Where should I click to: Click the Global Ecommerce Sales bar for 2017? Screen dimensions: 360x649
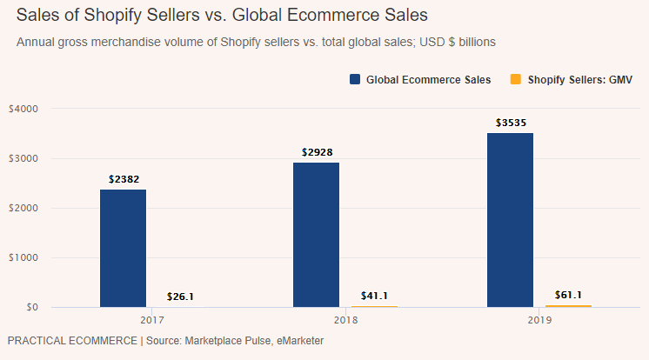tap(124, 248)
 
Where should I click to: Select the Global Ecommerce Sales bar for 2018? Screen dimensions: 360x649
tap(316, 235)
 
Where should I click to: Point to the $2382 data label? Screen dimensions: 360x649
tap(124, 179)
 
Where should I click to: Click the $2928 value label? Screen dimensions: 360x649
tap(317, 152)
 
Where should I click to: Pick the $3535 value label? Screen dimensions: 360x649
tap(511, 123)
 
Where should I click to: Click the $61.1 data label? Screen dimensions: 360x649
tap(568, 295)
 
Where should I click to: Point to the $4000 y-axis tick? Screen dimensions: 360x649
tap(23, 109)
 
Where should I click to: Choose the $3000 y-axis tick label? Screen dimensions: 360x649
tap(23, 158)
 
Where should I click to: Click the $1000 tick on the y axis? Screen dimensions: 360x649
tap(23, 258)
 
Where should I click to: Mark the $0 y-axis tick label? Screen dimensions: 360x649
tap(31, 308)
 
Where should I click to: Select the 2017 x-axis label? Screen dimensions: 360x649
tap(152, 321)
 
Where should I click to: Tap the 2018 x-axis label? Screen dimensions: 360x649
tap(345, 321)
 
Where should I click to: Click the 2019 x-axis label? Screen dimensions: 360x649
tap(539, 321)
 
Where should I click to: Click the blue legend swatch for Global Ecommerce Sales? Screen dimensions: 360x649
tap(355, 79)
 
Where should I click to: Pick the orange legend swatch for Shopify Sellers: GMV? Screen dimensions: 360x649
tap(515, 79)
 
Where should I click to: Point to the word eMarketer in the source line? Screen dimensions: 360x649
tap(295, 341)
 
